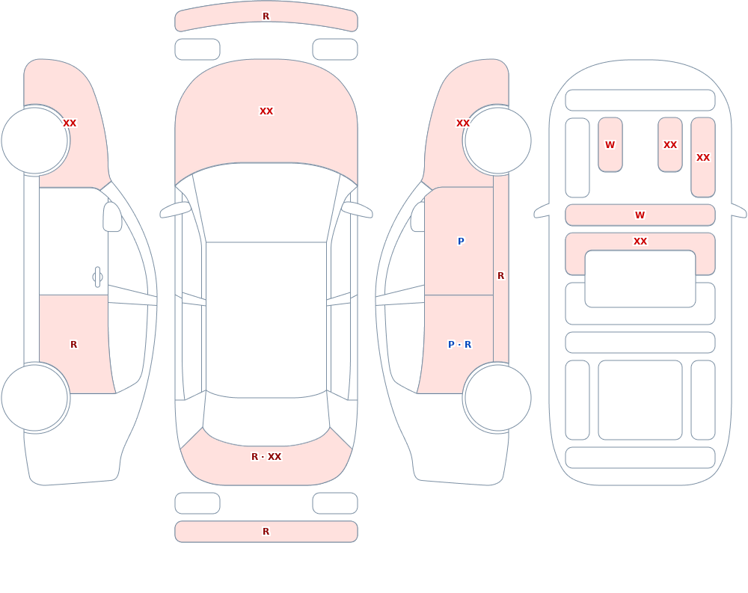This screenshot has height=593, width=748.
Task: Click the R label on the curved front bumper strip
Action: click(x=266, y=16)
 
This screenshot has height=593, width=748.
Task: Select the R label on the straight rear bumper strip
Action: click(x=266, y=532)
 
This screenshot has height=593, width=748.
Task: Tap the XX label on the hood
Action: click(x=266, y=111)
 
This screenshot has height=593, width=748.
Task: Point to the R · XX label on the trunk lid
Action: click(x=266, y=457)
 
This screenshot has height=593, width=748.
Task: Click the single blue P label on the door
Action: click(x=461, y=242)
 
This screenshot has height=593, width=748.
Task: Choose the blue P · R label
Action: click(x=460, y=345)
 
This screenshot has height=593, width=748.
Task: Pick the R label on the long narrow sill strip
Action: click(x=501, y=276)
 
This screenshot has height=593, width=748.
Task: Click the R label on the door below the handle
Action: click(x=73, y=345)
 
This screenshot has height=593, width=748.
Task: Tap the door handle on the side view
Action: click(x=97, y=277)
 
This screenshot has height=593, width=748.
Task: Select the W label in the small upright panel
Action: click(x=610, y=145)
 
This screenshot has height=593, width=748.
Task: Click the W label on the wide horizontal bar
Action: click(x=640, y=215)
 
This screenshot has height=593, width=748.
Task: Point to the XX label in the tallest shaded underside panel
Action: click(x=703, y=158)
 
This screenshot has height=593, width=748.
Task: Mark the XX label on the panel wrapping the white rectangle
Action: click(x=640, y=242)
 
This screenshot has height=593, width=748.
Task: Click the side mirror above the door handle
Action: click(x=113, y=217)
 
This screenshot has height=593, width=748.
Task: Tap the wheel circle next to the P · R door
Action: click(x=497, y=397)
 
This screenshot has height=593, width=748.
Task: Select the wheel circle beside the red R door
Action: click(x=35, y=397)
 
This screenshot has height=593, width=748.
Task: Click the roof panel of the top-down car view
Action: click(x=266, y=319)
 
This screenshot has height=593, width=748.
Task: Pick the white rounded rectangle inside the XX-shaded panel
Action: click(x=640, y=279)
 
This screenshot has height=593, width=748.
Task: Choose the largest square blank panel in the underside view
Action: click(x=640, y=400)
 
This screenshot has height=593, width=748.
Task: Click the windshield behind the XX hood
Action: click(x=266, y=203)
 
